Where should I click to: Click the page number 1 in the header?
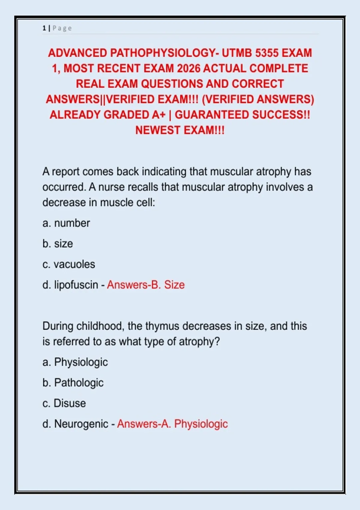click(x=44, y=28)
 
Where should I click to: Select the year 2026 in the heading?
click(x=188, y=68)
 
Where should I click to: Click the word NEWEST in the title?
click(x=158, y=130)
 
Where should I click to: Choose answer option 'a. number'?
click(x=66, y=223)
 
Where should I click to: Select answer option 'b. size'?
click(x=58, y=244)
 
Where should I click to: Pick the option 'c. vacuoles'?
click(x=69, y=264)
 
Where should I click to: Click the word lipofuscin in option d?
click(x=76, y=285)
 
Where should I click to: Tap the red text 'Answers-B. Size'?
click(x=146, y=285)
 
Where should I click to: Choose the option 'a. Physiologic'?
click(x=75, y=362)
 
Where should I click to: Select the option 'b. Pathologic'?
click(x=73, y=383)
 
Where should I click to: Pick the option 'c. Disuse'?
click(x=64, y=403)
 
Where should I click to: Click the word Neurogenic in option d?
click(x=81, y=424)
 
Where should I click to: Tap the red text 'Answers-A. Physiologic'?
click(x=172, y=424)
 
